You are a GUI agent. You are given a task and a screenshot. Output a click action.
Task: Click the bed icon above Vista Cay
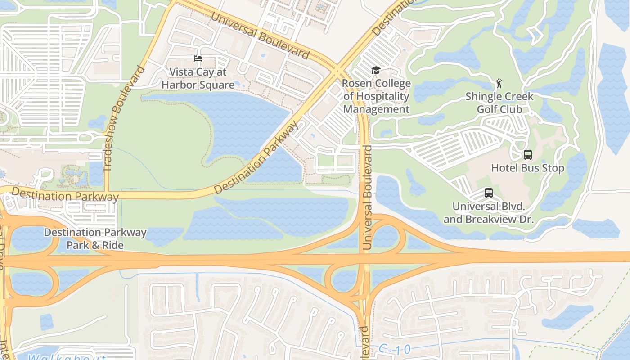tap(198, 58)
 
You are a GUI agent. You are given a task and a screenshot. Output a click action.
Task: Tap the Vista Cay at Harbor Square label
tap(198, 79)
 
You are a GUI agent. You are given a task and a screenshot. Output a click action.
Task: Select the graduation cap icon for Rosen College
tap(376, 70)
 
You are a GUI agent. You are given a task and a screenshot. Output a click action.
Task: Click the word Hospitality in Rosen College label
tap(376, 96)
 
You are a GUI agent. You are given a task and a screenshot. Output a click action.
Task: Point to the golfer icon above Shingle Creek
tap(499, 83)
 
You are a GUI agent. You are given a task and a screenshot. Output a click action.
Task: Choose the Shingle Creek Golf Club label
tap(499, 103)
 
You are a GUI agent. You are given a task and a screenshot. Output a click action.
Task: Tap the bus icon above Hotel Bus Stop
tap(527, 155)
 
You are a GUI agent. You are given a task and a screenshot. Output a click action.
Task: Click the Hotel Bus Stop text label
tap(527, 168)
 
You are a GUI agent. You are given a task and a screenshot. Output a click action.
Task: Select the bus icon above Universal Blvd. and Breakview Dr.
tap(488, 193)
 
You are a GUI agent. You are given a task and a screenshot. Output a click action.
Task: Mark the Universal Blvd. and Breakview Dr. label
tap(488, 213)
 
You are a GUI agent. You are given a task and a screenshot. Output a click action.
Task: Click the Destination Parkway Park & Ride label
tap(95, 239)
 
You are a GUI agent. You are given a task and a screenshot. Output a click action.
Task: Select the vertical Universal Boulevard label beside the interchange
tap(367, 197)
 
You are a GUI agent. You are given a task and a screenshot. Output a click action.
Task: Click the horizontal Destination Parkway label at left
tap(65, 196)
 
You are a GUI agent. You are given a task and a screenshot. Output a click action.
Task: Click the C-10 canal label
tap(395, 349)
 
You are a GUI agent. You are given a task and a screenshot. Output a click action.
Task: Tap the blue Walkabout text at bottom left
tap(67, 357)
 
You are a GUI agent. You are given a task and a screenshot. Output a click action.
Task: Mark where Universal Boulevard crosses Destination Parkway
tap(337, 71)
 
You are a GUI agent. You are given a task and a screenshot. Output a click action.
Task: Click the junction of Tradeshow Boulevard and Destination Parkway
tap(107, 195)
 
